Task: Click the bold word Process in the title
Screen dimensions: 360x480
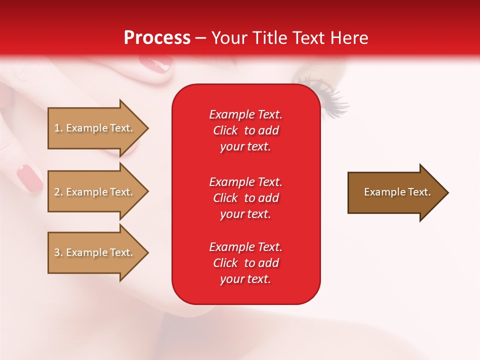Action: click(157, 38)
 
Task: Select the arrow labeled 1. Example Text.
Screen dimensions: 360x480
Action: click(95, 128)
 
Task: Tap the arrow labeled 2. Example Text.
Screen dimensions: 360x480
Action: click(95, 192)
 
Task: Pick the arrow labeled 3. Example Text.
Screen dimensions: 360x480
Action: click(95, 252)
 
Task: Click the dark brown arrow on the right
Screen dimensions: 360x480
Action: click(395, 192)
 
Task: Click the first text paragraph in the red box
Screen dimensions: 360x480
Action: click(245, 130)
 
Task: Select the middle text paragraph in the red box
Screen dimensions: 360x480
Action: click(245, 198)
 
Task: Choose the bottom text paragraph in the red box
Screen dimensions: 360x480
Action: click(245, 263)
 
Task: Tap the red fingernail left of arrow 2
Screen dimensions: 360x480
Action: click(30, 178)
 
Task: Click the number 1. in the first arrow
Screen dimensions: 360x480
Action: click(58, 128)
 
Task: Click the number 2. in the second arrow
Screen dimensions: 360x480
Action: click(58, 192)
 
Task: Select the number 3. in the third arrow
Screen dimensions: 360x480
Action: click(58, 252)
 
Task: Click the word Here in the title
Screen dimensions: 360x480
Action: click(350, 38)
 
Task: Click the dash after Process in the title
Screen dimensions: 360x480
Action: click(200, 38)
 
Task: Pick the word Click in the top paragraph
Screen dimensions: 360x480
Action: click(225, 130)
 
